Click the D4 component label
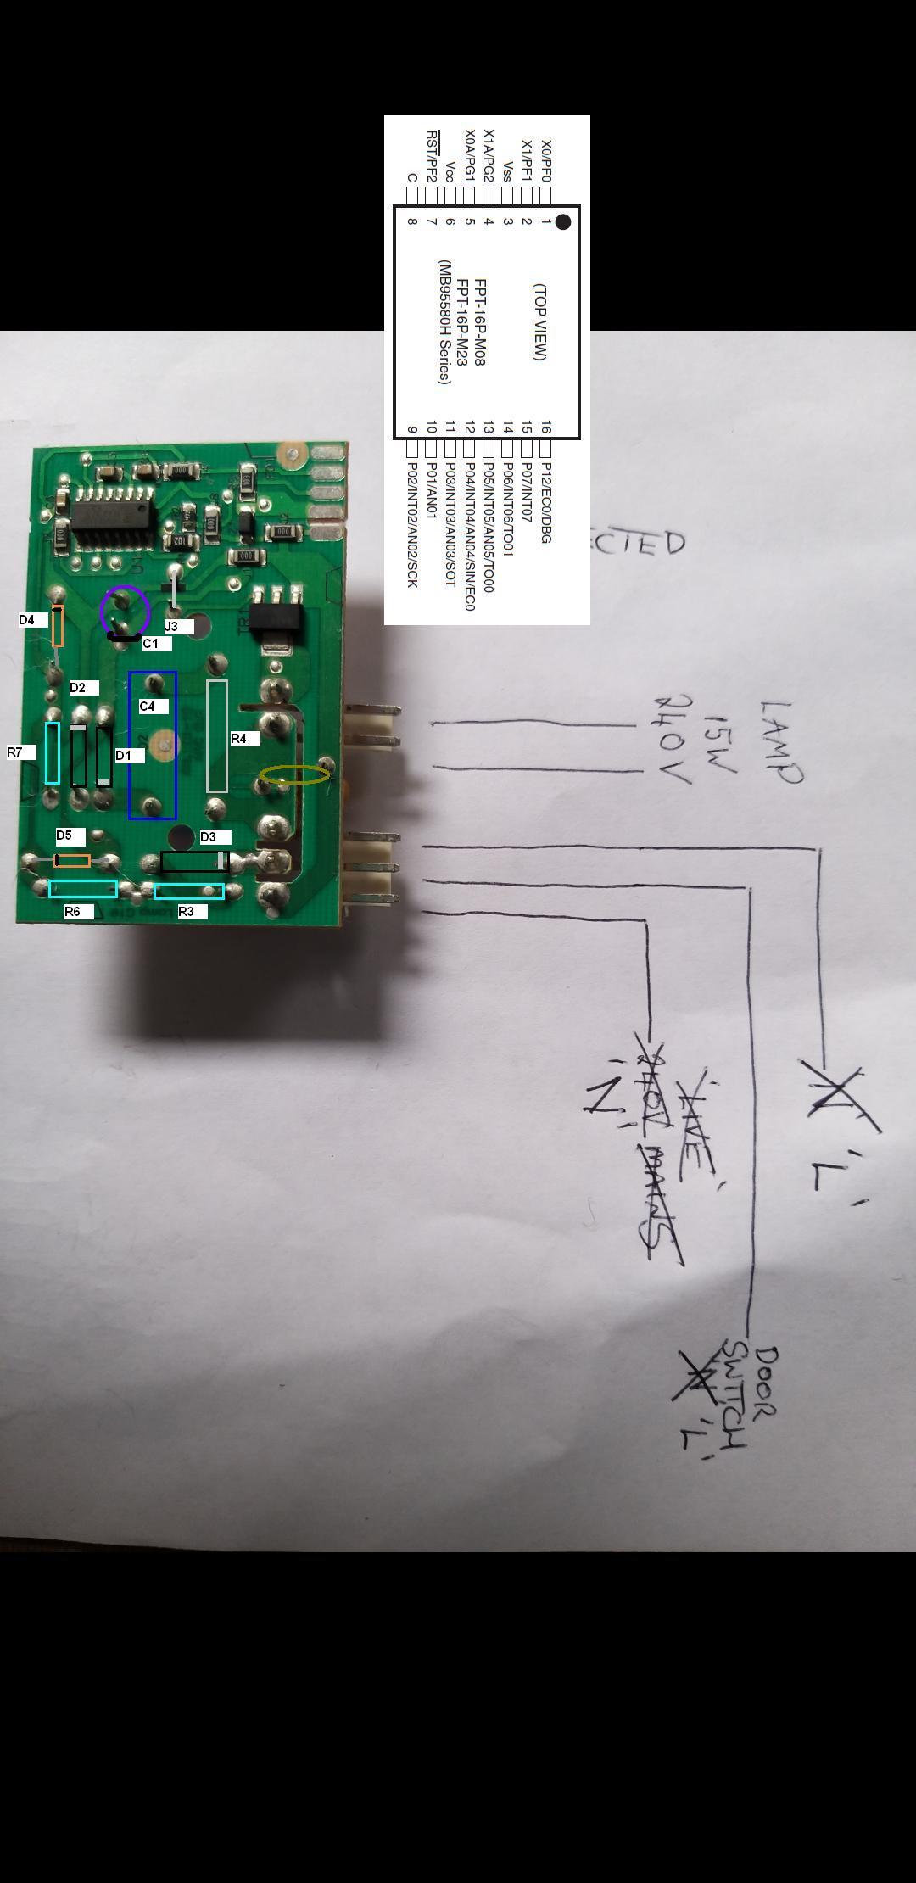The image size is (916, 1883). [27, 620]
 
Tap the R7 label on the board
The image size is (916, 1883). [15, 752]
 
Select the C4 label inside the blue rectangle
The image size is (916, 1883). [148, 706]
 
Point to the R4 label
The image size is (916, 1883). [239, 739]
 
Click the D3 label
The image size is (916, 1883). [209, 837]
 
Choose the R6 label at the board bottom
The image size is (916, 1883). [73, 912]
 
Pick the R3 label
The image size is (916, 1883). [187, 912]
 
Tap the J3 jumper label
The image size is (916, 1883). [171, 627]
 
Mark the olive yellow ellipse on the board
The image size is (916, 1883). [294, 774]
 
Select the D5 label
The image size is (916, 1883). [64, 835]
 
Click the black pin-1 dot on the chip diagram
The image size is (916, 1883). [562, 222]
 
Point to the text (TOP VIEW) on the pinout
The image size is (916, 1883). [540, 322]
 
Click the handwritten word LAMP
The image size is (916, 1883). [780, 742]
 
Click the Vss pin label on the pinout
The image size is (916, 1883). [507, 171]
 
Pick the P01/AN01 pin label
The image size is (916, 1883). [431, 491]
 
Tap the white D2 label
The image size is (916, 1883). [78, 688]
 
